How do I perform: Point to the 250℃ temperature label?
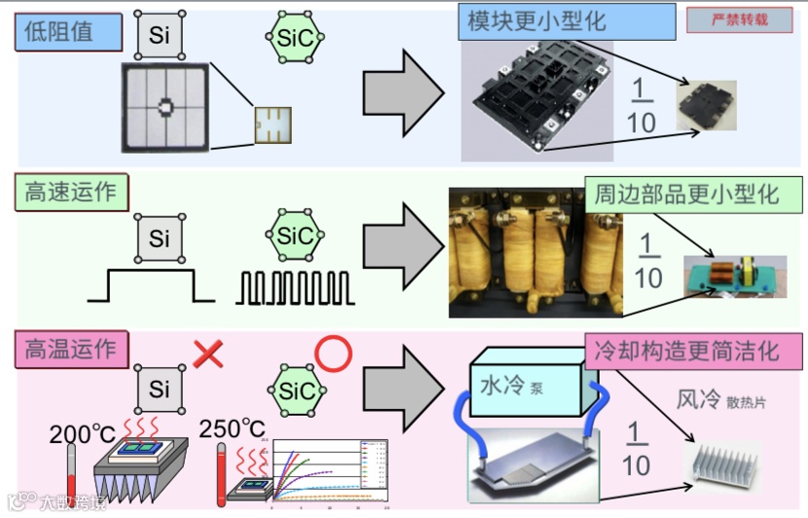tap(232, 428)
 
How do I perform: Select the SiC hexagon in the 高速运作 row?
tap(295, 237)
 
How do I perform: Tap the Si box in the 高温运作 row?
tap(160, 389)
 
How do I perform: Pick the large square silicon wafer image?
tap(166, 106)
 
